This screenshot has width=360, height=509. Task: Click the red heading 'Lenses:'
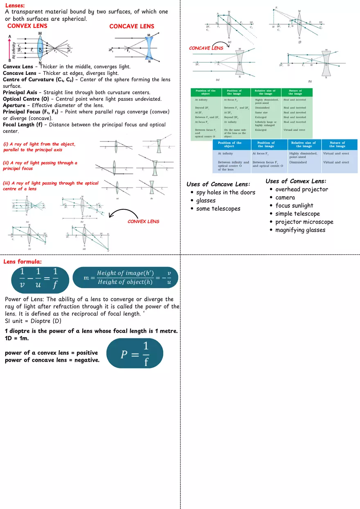click(15, 5)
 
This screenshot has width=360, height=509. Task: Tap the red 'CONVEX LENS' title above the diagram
click(27, 26)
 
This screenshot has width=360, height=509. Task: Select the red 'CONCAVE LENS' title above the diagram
click(132, 26)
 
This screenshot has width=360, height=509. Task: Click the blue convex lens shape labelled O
click(40, 48)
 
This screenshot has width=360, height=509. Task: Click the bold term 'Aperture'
click(14, 105)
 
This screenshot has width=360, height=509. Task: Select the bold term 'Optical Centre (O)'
click(27, 99)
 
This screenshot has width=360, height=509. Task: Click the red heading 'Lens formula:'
click(22, 262)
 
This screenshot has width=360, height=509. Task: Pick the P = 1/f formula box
click(135, 353)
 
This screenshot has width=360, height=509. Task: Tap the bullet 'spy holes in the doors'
click(225, 192)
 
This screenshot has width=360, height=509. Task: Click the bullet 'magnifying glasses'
click(300, 230)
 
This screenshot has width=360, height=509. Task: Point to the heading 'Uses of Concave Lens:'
click(218, 184)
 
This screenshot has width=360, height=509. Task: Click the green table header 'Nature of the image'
click(295, 92)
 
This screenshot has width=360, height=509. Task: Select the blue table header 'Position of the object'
click(229, 144)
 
